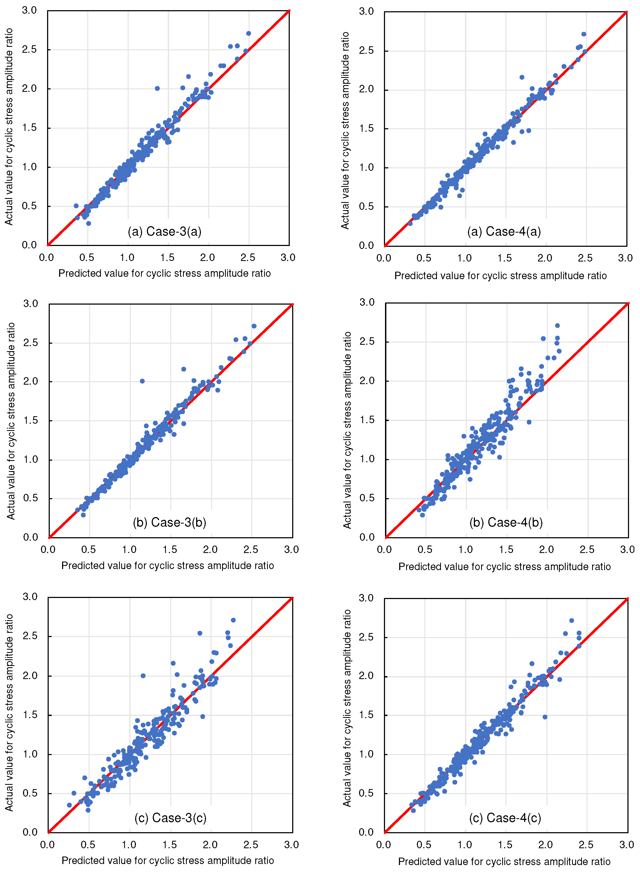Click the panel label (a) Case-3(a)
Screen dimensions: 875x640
point(164,231)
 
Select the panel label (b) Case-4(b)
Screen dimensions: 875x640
point(506,522)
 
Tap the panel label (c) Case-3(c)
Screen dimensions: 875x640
point(170,818)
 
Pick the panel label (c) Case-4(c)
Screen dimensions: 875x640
point(505,818)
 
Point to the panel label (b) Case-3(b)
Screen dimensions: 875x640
point(169,522)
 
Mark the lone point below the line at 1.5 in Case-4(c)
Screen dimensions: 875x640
point(545,717)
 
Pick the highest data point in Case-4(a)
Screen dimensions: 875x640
point(584,34)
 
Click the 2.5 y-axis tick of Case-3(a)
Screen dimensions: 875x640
point(29,50)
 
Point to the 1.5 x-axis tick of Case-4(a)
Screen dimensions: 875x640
point(504,258)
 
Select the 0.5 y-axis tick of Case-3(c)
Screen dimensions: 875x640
point(30,793)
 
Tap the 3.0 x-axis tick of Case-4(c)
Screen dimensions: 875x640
point(626,845)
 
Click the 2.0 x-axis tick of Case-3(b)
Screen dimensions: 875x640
point(210,550)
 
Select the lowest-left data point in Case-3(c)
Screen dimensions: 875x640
point(69,805)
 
